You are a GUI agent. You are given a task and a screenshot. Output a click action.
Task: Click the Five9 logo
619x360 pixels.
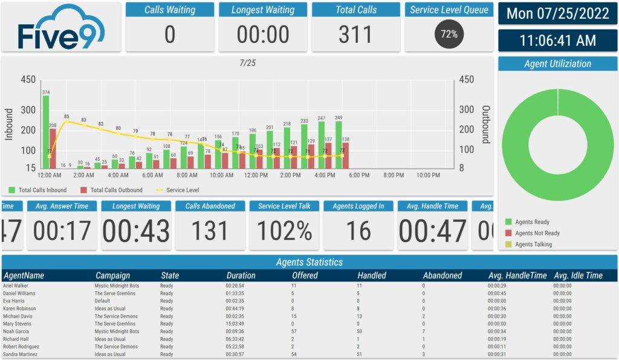pos(61,27)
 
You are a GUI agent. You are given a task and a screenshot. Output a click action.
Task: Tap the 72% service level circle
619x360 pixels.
pos(449,34)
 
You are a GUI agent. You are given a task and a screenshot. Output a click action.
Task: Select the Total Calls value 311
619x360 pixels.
pos(356,34)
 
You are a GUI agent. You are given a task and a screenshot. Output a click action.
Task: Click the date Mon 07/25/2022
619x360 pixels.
pos(557,14)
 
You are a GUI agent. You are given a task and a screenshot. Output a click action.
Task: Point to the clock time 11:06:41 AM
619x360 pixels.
pos(557,40)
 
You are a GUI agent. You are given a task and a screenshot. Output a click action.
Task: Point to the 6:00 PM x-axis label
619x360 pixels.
pos(359,175)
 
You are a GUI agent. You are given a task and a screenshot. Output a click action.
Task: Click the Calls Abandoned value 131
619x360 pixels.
pos(210,231)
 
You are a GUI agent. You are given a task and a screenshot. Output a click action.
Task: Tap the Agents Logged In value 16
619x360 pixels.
pos(358,231)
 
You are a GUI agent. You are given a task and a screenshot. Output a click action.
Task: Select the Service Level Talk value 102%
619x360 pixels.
pos(284,231)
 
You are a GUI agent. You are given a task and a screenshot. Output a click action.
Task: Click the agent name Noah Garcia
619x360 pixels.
pos(17,331)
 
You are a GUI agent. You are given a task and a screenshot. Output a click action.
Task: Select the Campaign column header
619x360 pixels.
pos(112,275)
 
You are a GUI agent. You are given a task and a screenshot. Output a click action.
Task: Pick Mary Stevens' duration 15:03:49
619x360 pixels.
pos(235,324)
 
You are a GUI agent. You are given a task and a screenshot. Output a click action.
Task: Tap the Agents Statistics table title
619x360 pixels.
pos(309,262)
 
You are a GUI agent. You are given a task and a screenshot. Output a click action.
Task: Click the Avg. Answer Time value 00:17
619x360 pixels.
pos(62,231)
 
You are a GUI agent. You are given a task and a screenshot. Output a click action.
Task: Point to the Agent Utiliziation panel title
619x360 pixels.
pos(557,64)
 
